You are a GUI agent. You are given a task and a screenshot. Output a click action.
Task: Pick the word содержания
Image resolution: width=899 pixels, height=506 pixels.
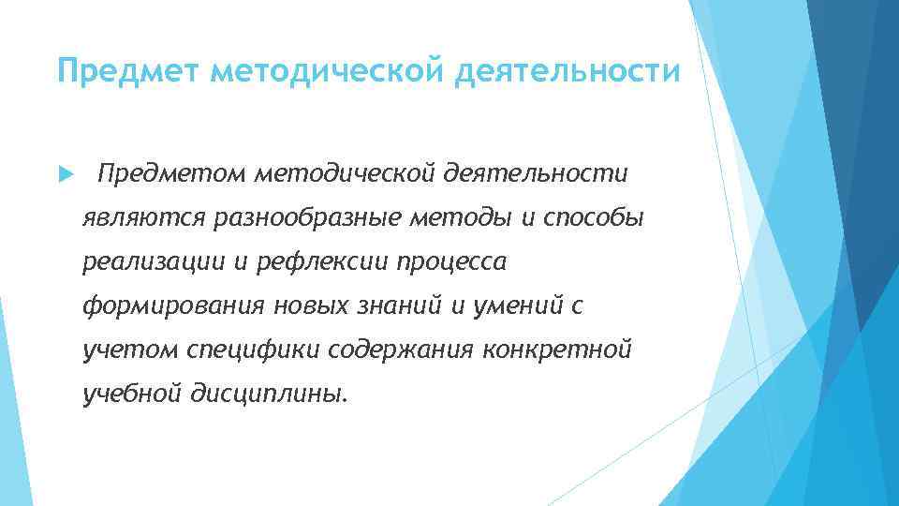coord(404,350)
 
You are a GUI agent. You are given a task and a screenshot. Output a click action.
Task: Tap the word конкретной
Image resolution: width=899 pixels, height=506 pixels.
coord(559,350)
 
